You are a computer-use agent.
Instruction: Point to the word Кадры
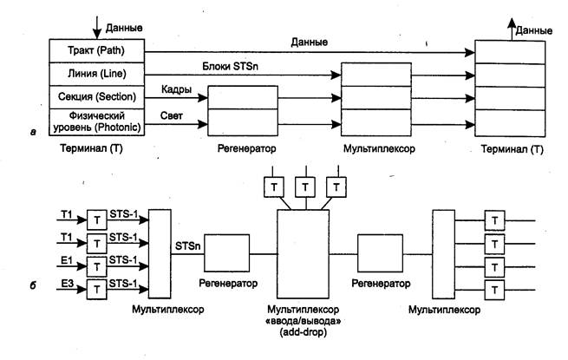pos(175,89)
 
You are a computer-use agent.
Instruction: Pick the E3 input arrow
pos(69,289)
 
